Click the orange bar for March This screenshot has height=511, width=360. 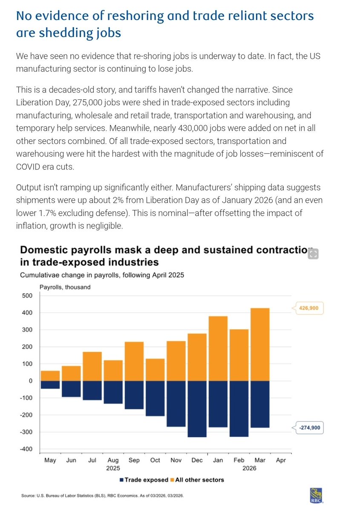(260, 344)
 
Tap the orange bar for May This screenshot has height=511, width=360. (50, 375)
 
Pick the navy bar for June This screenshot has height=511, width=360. (72, 389)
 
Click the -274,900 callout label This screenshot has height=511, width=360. (309, 427)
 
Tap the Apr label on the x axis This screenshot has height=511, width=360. (281, 461)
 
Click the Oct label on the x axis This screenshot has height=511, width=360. (155, 461)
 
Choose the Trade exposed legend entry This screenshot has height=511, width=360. (144, 479)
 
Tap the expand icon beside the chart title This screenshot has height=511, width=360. (313, 254)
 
